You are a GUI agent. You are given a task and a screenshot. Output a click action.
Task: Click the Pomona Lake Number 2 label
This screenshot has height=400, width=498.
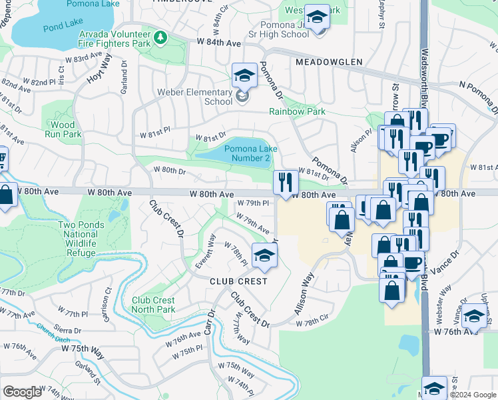coord(247,153)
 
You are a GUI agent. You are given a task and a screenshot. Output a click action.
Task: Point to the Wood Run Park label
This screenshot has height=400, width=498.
coord(63,129)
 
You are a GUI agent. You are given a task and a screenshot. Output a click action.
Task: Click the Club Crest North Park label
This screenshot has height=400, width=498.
coord(153,305)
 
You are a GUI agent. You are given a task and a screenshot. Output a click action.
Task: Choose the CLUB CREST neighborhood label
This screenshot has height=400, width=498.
coord(238,281)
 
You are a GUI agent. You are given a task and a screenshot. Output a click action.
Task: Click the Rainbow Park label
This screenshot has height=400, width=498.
coord(298,112)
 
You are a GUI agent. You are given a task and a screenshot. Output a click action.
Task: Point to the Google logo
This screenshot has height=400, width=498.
coord(23,392)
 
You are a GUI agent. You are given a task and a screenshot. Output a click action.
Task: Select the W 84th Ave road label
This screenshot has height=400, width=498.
coord(218,42)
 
